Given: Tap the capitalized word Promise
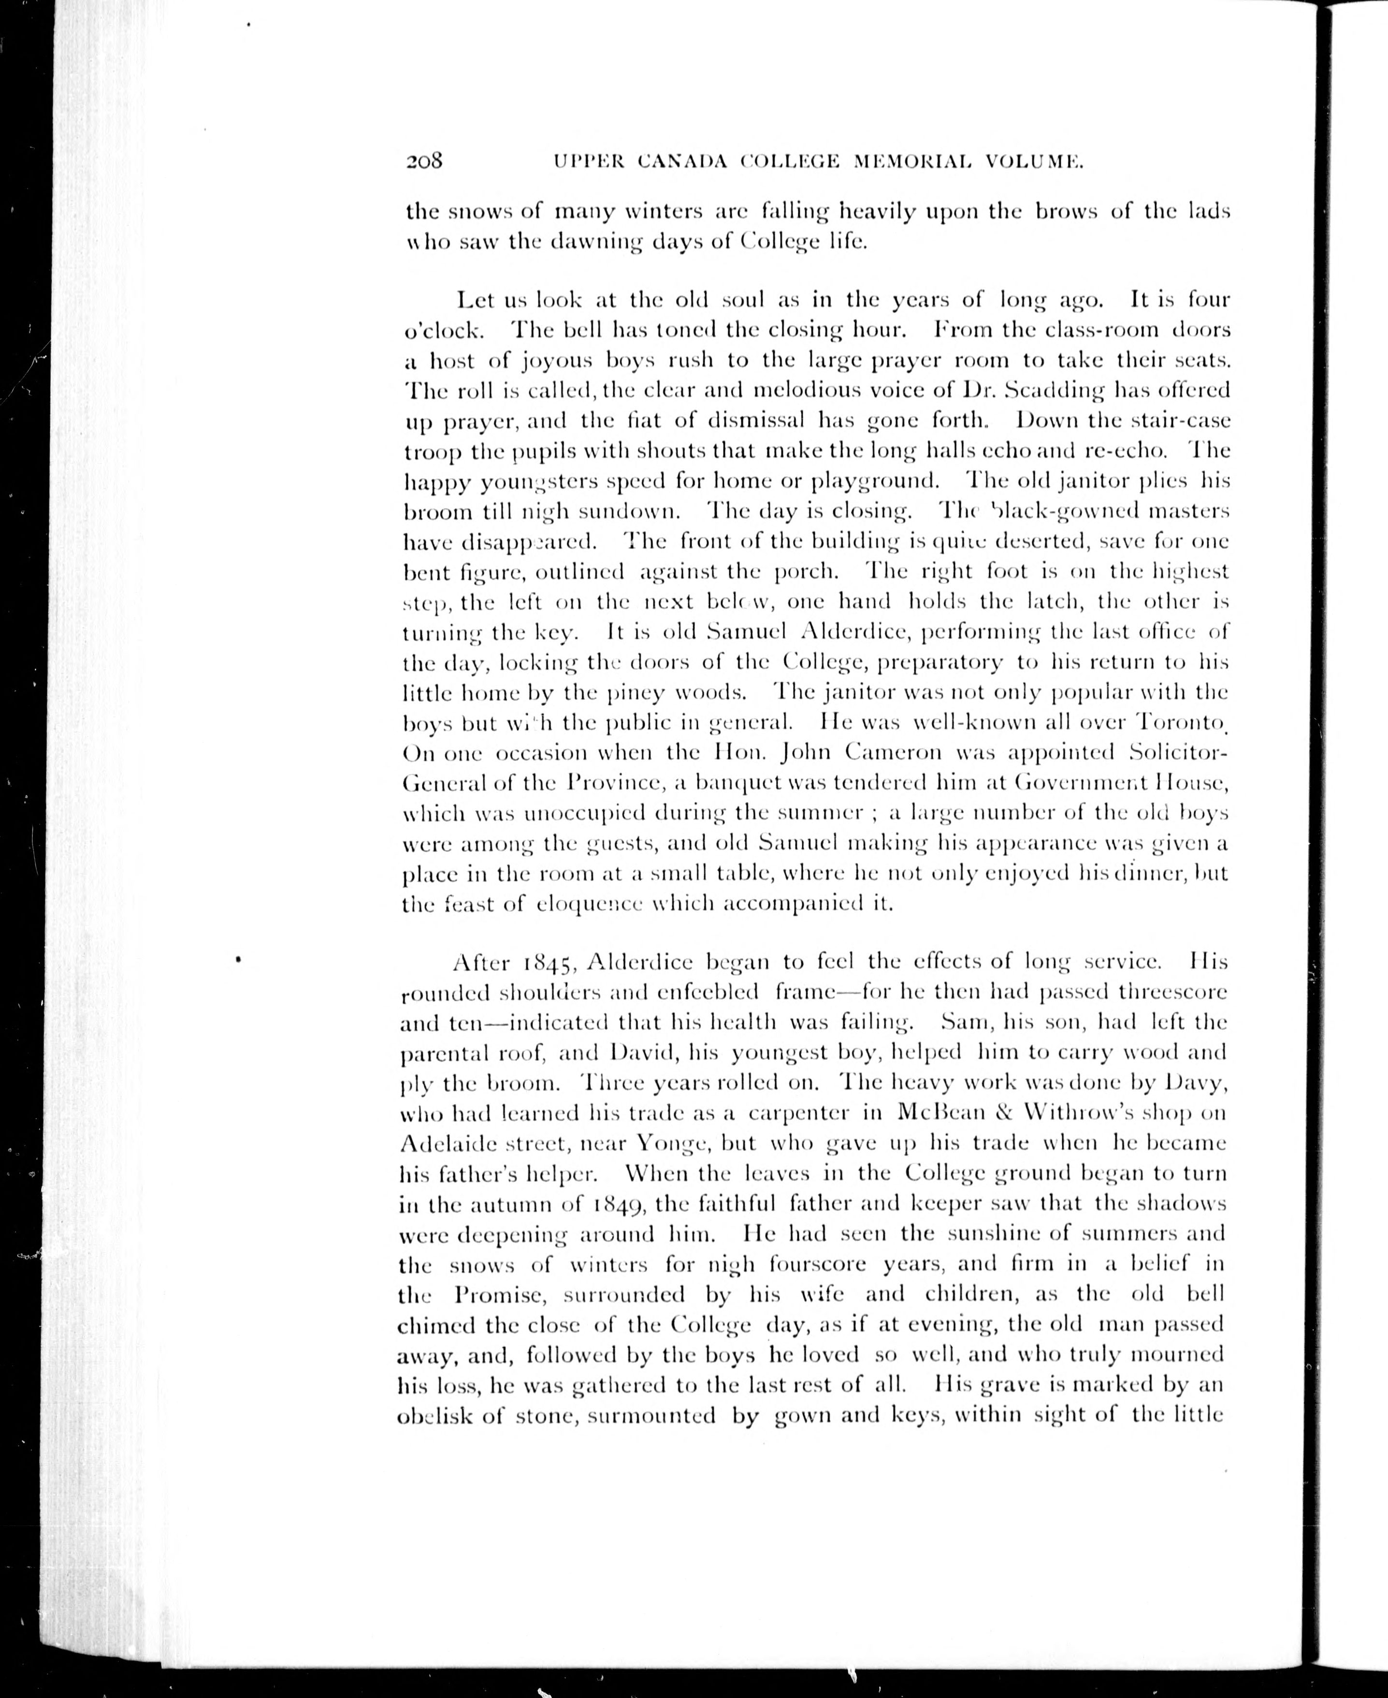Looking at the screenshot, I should [502, 1294].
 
